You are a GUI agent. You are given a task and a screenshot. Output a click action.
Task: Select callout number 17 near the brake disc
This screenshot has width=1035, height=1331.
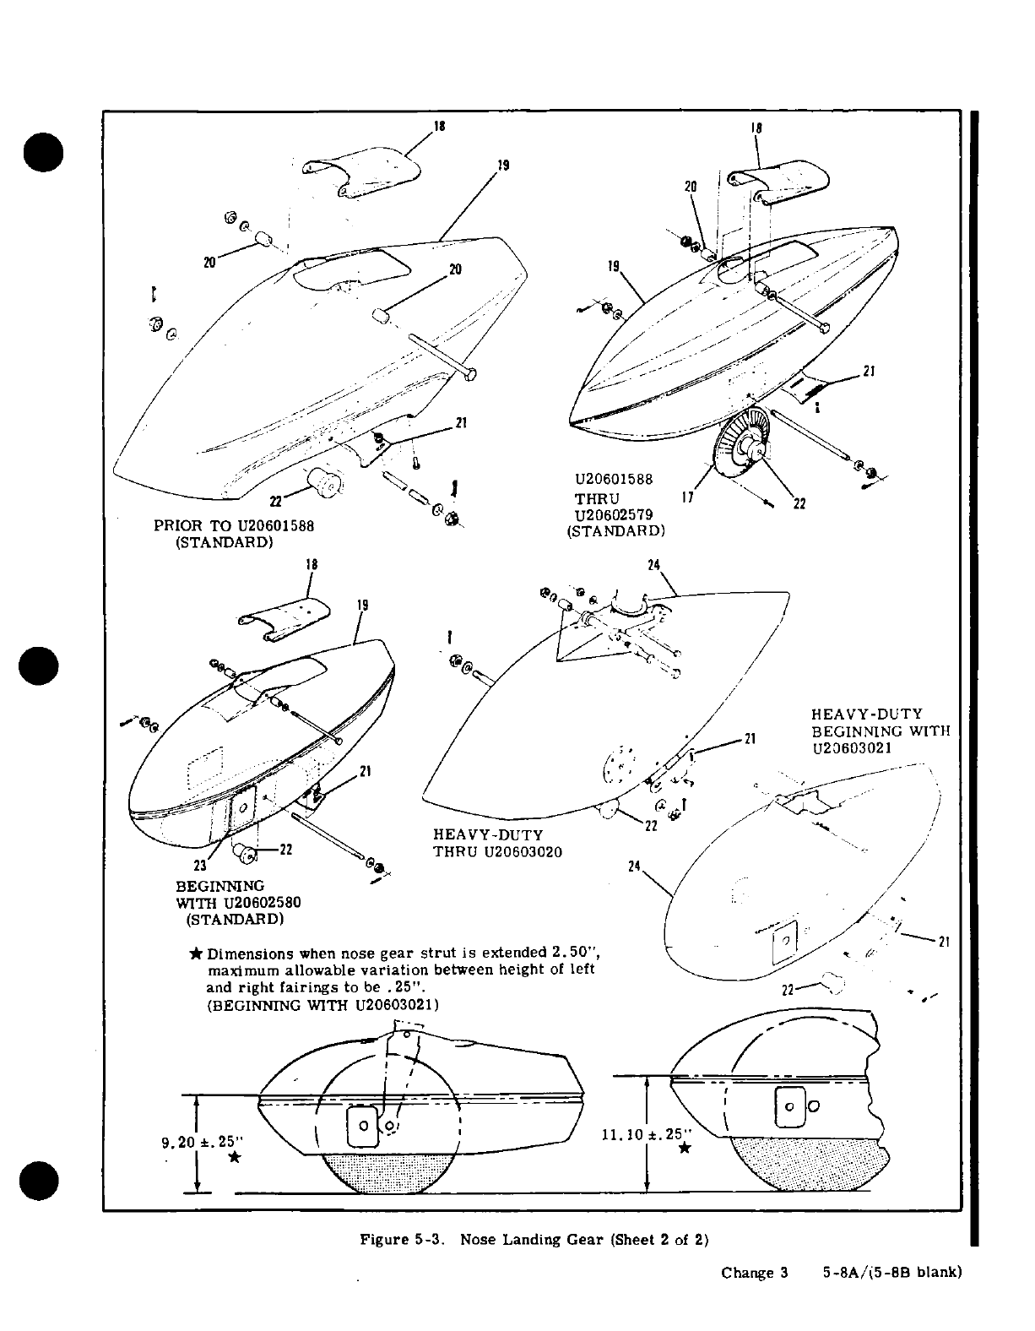[687, 497]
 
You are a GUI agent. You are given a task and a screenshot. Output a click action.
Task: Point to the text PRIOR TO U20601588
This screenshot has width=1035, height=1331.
[233, 525]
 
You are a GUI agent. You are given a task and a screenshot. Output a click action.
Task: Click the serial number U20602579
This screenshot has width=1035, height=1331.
[614, 514]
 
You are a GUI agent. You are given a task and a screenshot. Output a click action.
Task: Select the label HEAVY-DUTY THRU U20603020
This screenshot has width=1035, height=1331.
[497, 843]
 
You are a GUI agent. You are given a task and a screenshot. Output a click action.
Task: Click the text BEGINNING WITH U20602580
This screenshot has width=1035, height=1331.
[237, 901]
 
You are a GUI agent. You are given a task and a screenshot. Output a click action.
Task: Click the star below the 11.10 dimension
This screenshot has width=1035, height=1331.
[685, 1148]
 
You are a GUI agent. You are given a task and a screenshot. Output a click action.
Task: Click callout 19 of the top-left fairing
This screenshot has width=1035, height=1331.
[503, 166]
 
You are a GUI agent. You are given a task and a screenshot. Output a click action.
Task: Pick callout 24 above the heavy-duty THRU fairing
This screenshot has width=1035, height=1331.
[653, 567]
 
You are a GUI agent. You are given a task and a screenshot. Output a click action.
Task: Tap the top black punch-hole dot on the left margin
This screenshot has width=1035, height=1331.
[40, 151]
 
